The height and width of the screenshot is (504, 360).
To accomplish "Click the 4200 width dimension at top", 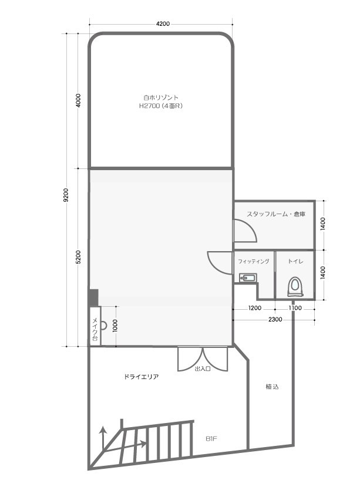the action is click(x=163, y=24).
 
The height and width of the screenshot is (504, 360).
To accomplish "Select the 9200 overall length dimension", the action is click(x=66, y=195).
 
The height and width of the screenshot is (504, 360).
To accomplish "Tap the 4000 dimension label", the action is click(x=78, y=100).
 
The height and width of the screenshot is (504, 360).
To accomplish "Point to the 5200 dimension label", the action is click(x=78, y=257).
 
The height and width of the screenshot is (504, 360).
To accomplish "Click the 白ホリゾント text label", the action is click(x=161, y=97).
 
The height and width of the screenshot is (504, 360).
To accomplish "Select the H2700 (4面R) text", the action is click(x=161, y=106).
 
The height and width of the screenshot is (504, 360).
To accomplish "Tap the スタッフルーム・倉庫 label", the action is click(x=276, y=214).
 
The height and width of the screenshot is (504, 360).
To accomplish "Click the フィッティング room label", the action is click(x=254, y=261).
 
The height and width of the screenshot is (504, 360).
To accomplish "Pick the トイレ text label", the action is click(x=295, y=261).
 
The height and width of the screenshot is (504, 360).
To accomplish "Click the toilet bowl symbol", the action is click(x=295, y=287).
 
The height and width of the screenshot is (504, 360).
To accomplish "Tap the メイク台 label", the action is click(x=95, y=329).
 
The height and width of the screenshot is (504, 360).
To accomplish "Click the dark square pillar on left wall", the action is click(x=93, y=297).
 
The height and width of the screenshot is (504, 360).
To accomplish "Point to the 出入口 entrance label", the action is click(x=203, y=368).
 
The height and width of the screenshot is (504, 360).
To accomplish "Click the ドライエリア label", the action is click(x=141, y=377).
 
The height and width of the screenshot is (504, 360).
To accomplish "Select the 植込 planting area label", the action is click(x=272, y=387).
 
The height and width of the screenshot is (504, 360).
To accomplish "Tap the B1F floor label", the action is click(x=211, y=438).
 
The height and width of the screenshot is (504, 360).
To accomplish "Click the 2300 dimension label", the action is click(x=275, y=320).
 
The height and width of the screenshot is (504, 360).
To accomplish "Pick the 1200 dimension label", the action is click(x=255, y=308).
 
